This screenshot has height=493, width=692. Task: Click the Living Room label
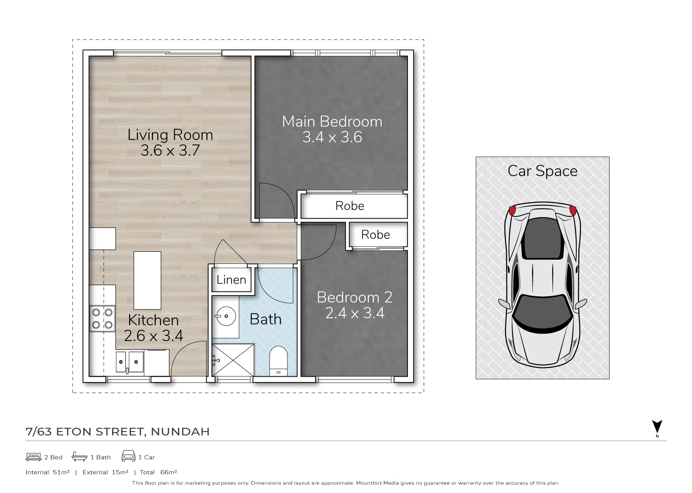coord(170,135)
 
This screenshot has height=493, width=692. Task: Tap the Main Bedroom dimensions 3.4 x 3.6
coord(332,137)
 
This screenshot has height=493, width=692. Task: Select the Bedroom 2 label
coord(354,297)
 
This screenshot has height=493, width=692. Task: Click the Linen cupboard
coord(231,279)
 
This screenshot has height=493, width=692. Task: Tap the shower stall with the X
coord(233,360)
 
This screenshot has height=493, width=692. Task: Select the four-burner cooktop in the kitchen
coord(102,319)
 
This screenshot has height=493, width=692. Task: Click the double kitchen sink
coord(129,362)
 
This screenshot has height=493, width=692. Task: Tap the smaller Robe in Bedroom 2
coord(378,234)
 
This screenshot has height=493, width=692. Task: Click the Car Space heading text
coord(542,171)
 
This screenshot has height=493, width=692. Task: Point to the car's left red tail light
coord(512,210)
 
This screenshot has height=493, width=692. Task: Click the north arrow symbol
coord(657,427)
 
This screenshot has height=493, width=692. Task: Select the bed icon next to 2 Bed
coord(33,457)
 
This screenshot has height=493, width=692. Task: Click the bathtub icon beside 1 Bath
coord(79,456)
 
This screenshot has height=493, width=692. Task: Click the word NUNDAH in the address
coord(180,432)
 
